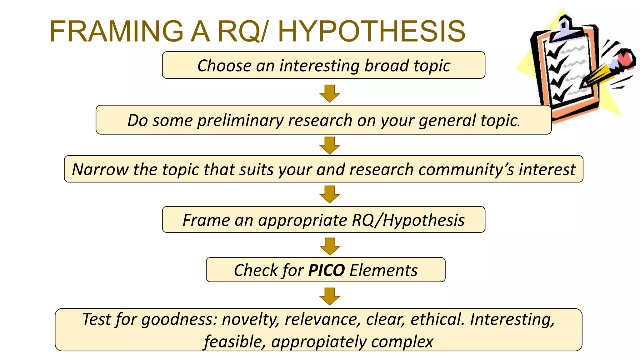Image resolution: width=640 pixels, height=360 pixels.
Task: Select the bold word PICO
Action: (326, 270)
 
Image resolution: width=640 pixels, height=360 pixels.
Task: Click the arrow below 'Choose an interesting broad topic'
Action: (330, 93)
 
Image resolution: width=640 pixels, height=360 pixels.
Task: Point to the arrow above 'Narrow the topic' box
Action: (330, 145)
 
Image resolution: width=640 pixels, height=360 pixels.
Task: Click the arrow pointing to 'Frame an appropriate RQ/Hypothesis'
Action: (330, 194)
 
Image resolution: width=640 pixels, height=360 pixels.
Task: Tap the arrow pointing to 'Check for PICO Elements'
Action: (330, 246)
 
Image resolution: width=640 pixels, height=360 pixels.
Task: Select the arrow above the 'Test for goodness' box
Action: (330, 296)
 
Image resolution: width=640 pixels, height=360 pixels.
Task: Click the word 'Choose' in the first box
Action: (224, 66)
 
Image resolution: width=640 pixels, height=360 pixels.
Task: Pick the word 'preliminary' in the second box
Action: (240, 121)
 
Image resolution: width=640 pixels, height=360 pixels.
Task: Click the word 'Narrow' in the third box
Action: (100, 170)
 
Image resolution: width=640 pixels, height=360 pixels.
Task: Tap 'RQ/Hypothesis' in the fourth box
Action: (408, 220)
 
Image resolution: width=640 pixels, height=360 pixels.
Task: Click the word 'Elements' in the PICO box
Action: (383, 270)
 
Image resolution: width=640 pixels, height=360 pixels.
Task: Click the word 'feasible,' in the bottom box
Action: (235, 342)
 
